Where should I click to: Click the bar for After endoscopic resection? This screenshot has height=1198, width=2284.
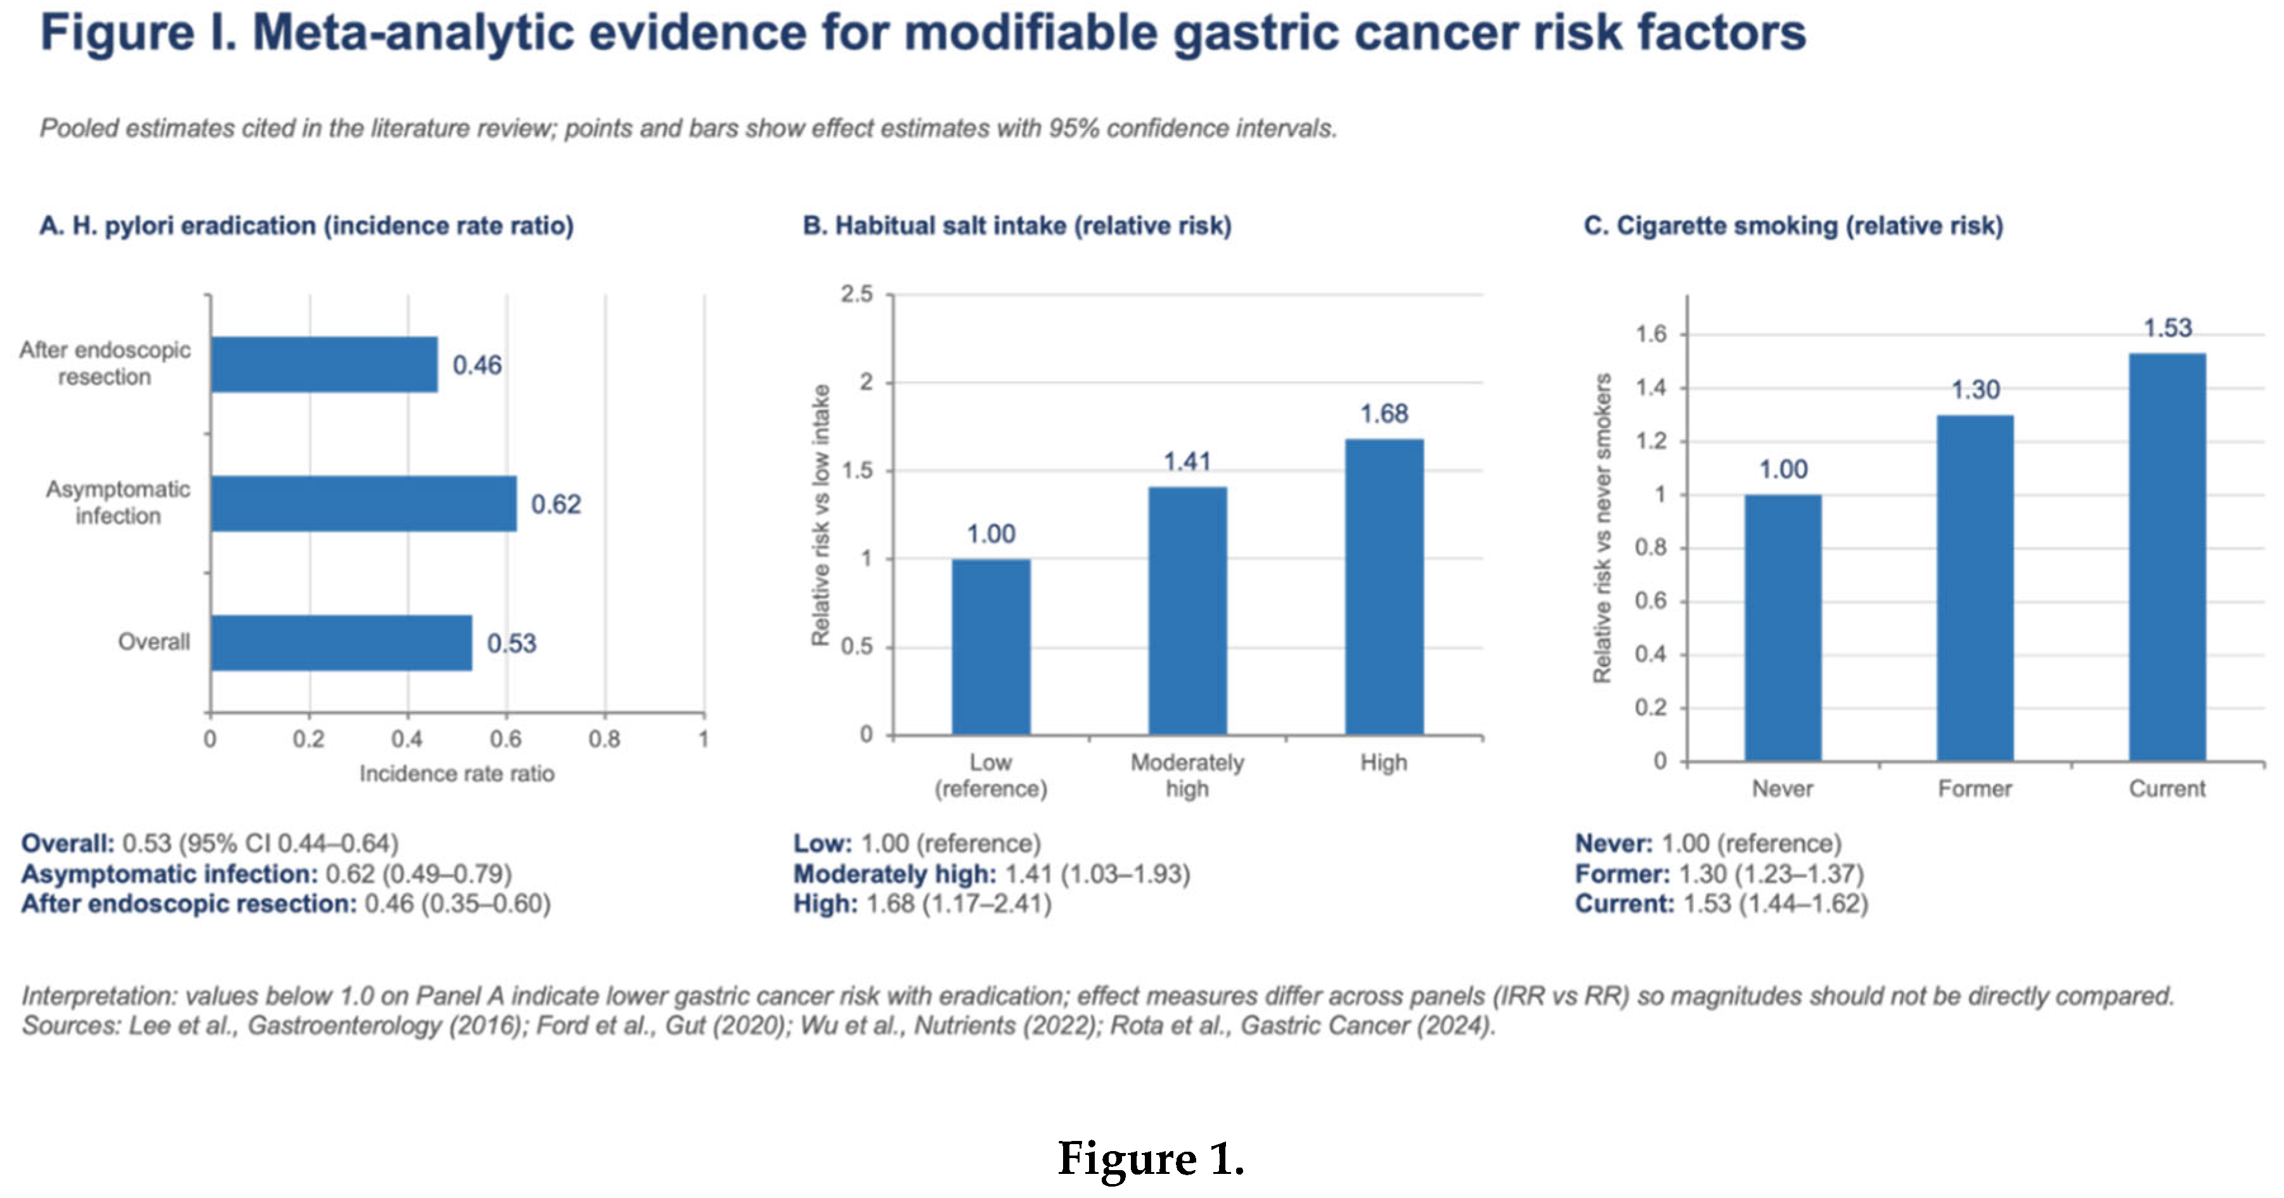(x=325, y=364)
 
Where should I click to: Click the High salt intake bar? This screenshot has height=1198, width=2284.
(x=1384, y=587)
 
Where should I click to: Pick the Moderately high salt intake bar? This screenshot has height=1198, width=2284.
(x=1188, y=611)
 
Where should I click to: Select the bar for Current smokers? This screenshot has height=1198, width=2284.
(x=2167, y=557)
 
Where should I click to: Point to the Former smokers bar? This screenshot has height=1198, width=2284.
(x=1975, y=588)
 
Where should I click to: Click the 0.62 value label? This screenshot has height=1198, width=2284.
(x=556, y=505)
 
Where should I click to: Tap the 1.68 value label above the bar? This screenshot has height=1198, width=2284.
(x=1384, y=414)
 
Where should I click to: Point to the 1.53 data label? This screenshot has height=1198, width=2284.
(x=2167, y=328)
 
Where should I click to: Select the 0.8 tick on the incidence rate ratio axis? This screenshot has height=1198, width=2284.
(x=605, y=738)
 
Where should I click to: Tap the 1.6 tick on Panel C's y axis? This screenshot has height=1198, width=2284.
(x=1651, y=334)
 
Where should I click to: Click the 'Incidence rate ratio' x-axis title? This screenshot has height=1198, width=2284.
(x=456, y=774)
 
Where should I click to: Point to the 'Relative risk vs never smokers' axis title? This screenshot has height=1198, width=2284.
(x=1601, y=529)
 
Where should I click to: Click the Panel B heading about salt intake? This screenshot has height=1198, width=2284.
(x=1017, y=226)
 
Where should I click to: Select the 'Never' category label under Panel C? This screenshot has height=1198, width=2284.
(x=1782, y=789)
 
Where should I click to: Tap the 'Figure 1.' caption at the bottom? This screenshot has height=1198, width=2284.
(x=1151, y=1158)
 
